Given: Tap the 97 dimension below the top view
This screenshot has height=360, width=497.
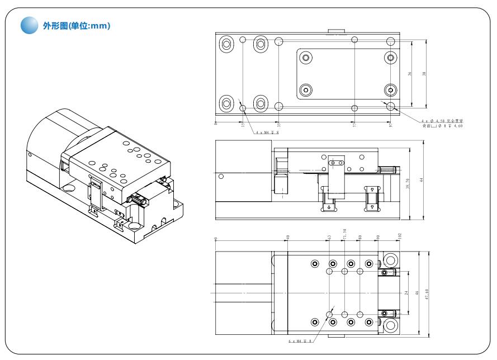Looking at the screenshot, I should click(391, 124).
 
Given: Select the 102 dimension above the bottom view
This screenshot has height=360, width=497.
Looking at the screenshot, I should click(399, 236).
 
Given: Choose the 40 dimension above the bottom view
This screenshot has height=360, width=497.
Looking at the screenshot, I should click(287, 238).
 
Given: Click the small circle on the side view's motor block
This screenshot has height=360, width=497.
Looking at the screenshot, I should click(221, 177).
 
